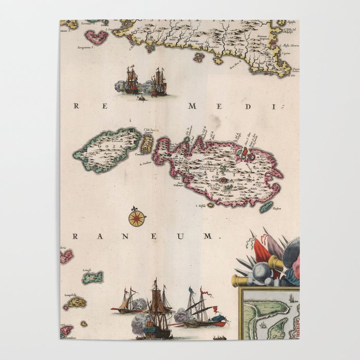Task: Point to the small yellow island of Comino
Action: click(147, 145)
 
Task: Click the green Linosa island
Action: click(93, 277)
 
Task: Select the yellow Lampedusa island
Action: click(77, 302)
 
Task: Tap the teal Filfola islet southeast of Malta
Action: click(266, 207)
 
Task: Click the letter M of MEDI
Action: click(193, 106)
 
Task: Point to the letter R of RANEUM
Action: click(76, 236)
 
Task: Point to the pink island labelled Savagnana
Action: click(96, 37)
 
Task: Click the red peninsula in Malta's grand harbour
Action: click(244, 152)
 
